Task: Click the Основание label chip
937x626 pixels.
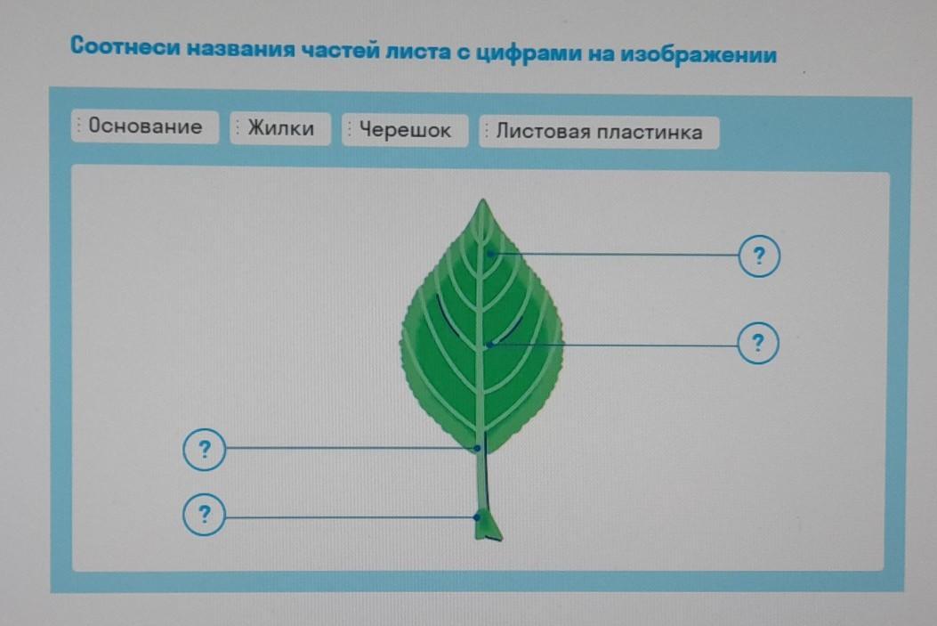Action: [x=145, y=126]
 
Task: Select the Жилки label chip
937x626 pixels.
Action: [x=280, y=128]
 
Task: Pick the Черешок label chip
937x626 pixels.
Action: [x=405, y=130]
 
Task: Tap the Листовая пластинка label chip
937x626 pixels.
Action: [x=599, y=132]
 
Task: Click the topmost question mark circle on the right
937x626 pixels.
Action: [x=760, y=256]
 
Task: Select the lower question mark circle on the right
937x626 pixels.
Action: [x=758, y=343]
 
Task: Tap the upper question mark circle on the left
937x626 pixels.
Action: [x=205, y=449]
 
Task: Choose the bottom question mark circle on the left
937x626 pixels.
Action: [x=205, y=514]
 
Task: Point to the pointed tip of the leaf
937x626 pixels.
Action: [x=483, y=201]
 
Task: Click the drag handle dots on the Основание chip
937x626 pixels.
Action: [x=78, y=126]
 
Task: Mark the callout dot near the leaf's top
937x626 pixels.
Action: [x=490, y=254]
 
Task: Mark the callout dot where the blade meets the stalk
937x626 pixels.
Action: [x=478, y=448]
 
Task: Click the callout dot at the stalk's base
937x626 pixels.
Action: [x=477, y=516]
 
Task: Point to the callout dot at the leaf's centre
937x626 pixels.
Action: [x=490, y=345]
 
